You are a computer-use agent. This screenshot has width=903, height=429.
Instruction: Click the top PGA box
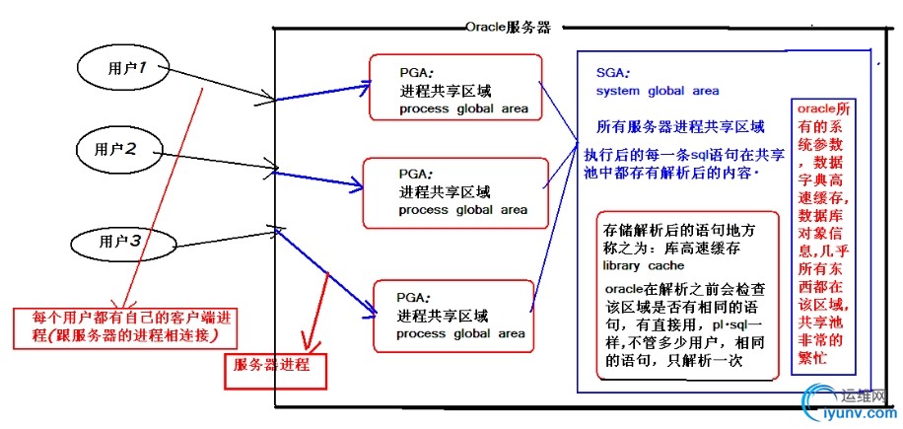[455, 87]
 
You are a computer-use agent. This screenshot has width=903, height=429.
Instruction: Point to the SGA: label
[613, 74]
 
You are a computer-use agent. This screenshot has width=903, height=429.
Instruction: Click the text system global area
[657, 92]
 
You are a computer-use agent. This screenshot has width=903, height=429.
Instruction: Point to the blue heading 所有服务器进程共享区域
[680, 127]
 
